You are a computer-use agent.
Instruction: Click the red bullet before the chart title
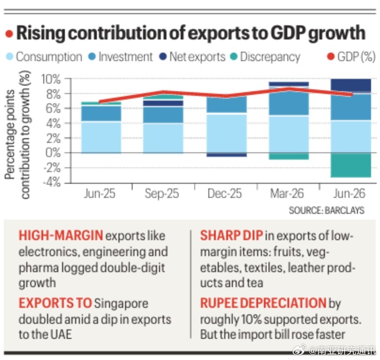9,34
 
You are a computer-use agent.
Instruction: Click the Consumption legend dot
9,57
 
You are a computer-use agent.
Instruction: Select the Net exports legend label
198,57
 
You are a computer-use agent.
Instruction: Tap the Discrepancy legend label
270,57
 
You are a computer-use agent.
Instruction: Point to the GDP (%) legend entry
351,57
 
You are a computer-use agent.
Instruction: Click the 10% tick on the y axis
51,79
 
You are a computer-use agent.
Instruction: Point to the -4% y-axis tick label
52,182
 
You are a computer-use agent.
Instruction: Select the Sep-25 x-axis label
162,194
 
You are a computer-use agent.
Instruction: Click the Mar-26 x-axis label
287,194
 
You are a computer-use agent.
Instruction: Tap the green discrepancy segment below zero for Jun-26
351,165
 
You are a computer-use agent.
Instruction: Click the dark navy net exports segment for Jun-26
351,86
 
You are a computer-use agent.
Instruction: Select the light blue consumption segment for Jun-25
101,137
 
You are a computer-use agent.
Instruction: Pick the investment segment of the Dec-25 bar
227,104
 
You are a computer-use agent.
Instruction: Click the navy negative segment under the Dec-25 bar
227,155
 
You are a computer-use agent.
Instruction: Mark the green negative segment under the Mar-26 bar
289,156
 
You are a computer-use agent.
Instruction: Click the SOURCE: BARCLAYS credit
326,210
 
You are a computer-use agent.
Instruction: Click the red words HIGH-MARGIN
61,235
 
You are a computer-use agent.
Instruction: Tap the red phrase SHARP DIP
231,235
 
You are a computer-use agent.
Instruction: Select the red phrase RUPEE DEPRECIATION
263,303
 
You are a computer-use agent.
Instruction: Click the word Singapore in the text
121,304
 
